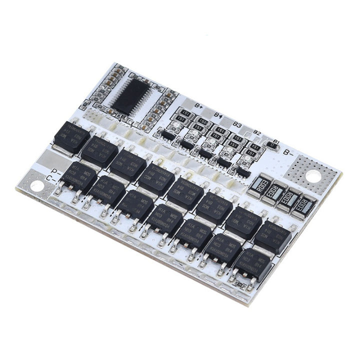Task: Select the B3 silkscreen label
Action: [237, 124]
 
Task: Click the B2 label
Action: [256, 132]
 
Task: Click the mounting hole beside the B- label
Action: [313, 175]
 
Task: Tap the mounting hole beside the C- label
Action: [37, 186]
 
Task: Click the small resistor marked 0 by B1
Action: [272, 145]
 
